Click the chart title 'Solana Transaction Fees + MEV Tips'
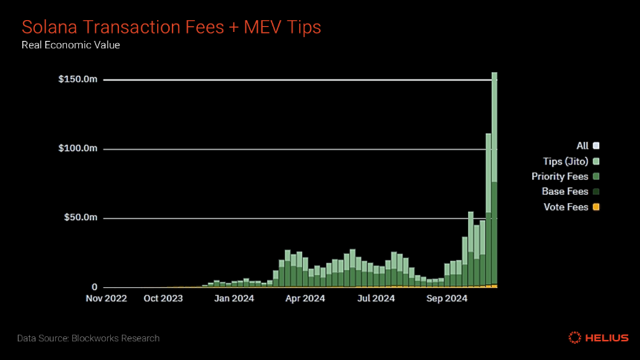click(x=171, y=28)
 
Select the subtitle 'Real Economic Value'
click(x=71, y=45)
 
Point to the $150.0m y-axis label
click(x=78, y=79)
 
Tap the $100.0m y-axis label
click(x=78, y=148)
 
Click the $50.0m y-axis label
click(x=81, y=217)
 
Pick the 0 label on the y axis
click(x=95, y=287)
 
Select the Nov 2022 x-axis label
click(x=106, y=298)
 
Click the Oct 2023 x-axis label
click(x=163, y=298)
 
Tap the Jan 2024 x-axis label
click(x=234, y=298)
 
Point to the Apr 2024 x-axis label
click(x=305, y=298)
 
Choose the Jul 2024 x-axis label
click(x=376, y=298)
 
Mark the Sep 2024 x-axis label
click(x=447, y=298)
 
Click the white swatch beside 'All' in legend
click(x=596, y=146)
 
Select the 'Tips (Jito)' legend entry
click(x=571, y=161)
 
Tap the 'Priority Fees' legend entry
click(x=566, y=176)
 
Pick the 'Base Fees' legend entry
click(x=571, y=191)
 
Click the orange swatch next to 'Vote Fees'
click(x=596, y=207)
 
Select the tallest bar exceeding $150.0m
click(x=494, y=180)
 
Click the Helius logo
click(x=598, y=338)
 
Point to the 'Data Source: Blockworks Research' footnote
click(x=88, y=338)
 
